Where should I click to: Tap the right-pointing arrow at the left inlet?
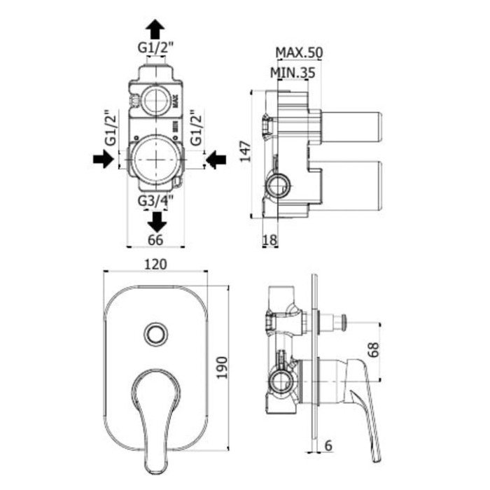[x=102, y=160]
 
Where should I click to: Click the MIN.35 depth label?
[x=293, y=71]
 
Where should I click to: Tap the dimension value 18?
[x=270, y=241]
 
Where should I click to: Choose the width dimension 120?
[x=155, y=264]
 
